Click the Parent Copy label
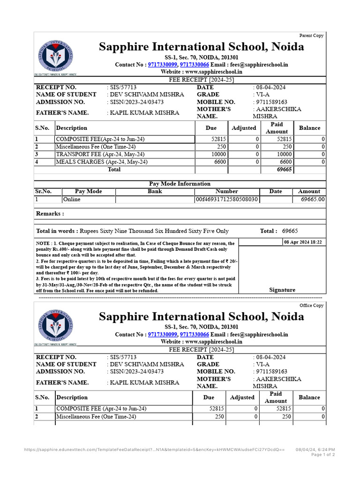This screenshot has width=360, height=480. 311,36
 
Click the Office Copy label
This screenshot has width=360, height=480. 312,306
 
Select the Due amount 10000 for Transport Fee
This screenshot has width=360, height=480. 218,154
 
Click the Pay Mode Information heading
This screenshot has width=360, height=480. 180,184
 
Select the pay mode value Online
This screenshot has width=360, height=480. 72,199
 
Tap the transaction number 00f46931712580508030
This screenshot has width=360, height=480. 227,199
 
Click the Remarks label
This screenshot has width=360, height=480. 50,214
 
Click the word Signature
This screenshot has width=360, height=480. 282,290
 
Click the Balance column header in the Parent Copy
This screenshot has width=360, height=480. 309,128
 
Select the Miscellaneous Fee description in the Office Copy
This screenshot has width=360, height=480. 96,416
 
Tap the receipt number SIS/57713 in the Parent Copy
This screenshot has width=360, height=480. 123,88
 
